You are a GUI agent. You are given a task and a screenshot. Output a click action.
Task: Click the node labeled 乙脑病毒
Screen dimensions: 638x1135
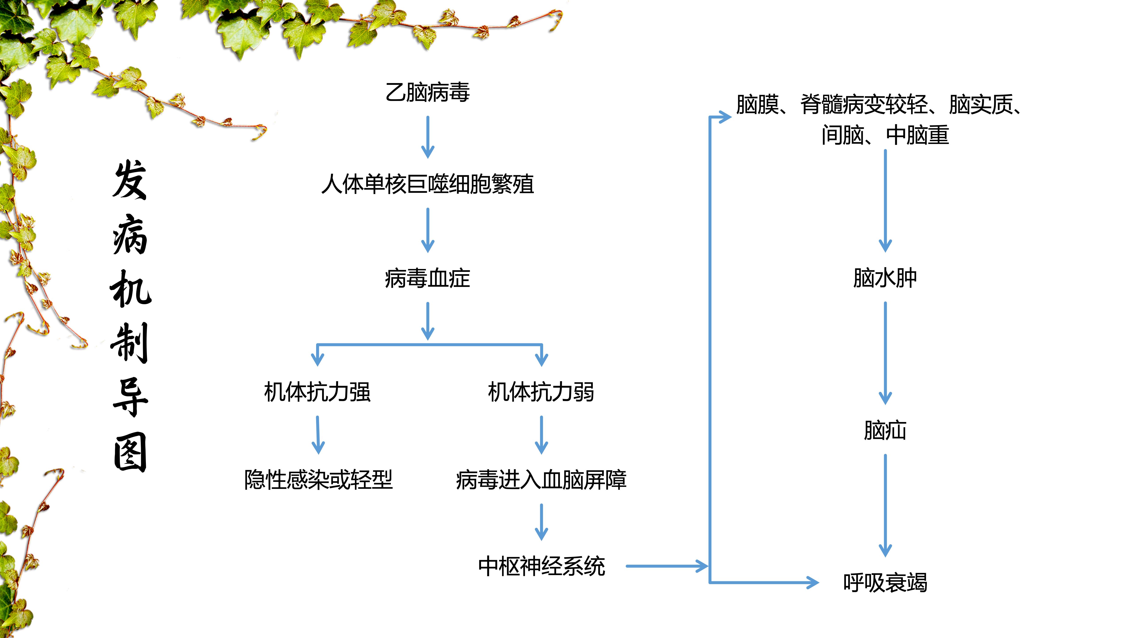(x=427, y=92)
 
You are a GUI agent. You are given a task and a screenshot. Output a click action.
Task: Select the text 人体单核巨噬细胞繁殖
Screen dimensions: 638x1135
(x=427, y=184)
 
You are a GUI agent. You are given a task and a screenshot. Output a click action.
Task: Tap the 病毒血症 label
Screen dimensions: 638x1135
(x=427, y=278)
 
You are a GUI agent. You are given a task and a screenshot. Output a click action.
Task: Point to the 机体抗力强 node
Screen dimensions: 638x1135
(x=317, y=392)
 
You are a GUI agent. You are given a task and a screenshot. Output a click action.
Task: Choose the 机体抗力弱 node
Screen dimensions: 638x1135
(x=541, y=392)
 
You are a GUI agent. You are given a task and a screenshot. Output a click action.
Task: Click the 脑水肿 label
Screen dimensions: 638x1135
(x=885, y=278)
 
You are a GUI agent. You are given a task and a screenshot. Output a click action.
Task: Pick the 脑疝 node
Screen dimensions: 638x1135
(x=885, y=431)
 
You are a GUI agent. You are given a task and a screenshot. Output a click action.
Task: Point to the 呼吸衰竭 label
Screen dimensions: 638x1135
(x=885, y=583)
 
